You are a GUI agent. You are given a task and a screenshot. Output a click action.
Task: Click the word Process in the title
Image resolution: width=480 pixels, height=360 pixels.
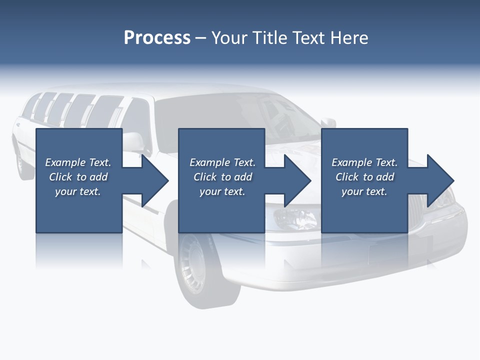[157, 38]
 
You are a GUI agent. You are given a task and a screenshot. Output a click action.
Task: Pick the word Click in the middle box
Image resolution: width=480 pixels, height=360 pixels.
[205, 177]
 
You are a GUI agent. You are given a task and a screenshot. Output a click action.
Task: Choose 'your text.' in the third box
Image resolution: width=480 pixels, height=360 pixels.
[364, 191]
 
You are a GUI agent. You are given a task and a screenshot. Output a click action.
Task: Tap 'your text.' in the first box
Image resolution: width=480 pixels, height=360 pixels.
[78, 191]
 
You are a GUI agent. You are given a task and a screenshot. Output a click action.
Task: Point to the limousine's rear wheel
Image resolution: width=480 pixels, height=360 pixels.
[23, 165]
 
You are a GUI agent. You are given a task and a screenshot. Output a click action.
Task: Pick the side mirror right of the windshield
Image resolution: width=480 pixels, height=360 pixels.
[328, 122]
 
